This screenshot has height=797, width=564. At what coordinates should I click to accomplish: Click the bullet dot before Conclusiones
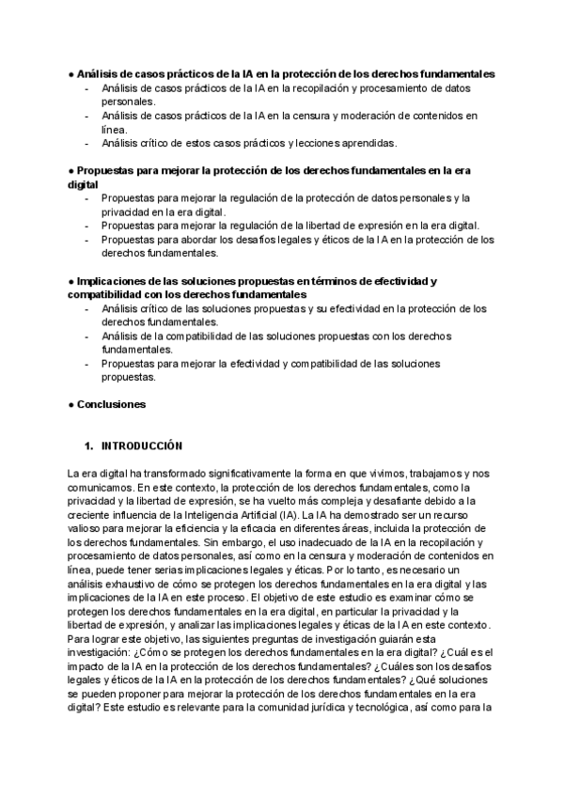[x=70, y=404]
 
